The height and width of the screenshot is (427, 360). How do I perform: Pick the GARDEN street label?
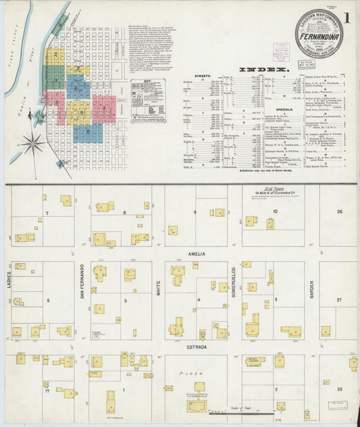[x=312, y=291]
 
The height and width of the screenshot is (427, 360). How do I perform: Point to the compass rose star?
[x=32, y=143]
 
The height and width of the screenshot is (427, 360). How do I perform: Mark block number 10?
[x=275, y=211]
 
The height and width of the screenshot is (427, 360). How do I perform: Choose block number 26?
[x=340, y=211]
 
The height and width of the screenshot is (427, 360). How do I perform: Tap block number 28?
[x=340, y=390]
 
